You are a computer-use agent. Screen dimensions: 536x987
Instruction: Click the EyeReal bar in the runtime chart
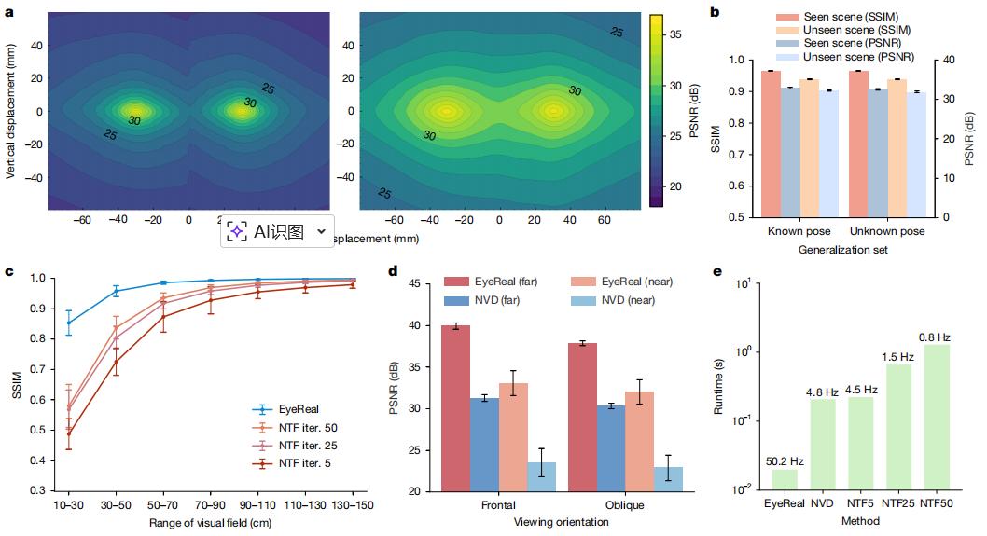(785, 479)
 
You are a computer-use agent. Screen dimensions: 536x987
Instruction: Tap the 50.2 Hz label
(785, 459)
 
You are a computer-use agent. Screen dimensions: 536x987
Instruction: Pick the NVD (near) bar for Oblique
(668, 478)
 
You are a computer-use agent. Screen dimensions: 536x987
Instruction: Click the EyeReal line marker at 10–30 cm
(69, 323)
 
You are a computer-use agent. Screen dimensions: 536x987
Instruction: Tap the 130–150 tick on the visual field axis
(352, 504)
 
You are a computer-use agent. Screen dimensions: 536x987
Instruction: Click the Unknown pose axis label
(887, 231)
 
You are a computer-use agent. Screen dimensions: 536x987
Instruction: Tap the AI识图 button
(278, 232)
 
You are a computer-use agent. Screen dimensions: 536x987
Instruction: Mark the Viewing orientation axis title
(562, 522)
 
